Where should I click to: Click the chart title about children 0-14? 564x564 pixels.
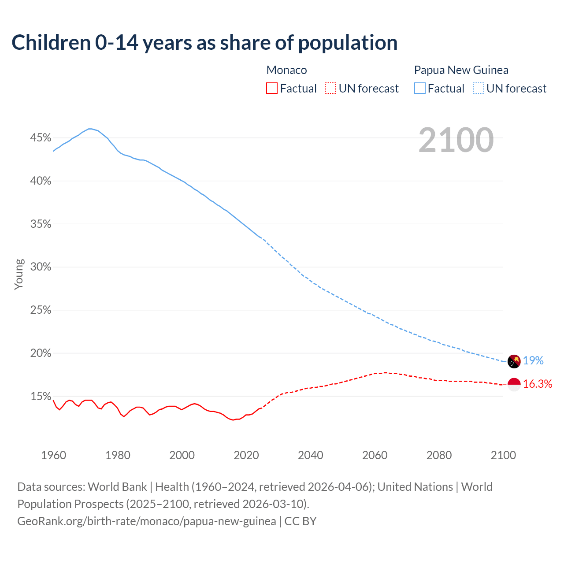pyautogui.click(x=204, y=43)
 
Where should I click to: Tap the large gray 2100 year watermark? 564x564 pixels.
pyautogui.click(x=456, y=140)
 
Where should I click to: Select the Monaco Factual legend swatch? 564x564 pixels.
pyautogui.click(x=272, y=89)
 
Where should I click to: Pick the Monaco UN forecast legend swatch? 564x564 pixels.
pyautogui.click(x=330, y=89)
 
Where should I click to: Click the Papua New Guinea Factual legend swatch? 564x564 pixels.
pyautogui.click(x=420, y=89)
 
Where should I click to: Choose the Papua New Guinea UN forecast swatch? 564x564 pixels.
pyautogui.click(x=479, y=89)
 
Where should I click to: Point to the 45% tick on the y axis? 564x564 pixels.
pyautogui.click(x=41, y=138)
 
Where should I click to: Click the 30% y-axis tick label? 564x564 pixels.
pyautogui.click(x=41, y=267)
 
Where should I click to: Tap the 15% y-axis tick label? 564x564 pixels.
pyautogui.click(x=41, y=396)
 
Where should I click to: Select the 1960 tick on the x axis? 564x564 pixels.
pyautogui.click(x=53, y=455)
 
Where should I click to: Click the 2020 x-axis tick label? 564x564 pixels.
pyautogui.click(x=246, y=455)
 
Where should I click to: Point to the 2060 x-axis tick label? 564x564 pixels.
pyautogui.click(x=375, y=455)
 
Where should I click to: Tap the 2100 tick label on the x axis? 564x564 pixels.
pyautogui.click(x=503, y=455)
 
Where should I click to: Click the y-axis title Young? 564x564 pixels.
pyautogui.click(x=19, y=274)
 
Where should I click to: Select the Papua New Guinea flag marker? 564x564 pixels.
pyautogui.click(x=514, y=361)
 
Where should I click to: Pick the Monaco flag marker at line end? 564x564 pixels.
pyautogui.click(x=514, y=384)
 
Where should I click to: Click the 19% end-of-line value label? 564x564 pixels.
pyautogui.click(x=533, y=361)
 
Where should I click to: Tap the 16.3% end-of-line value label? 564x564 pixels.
pyautogui.click(x=538, y=384)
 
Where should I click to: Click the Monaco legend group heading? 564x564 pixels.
pyautogui.click(x=286, y=70)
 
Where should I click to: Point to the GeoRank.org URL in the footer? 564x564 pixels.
pyautogui.click(x=147, y=521)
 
